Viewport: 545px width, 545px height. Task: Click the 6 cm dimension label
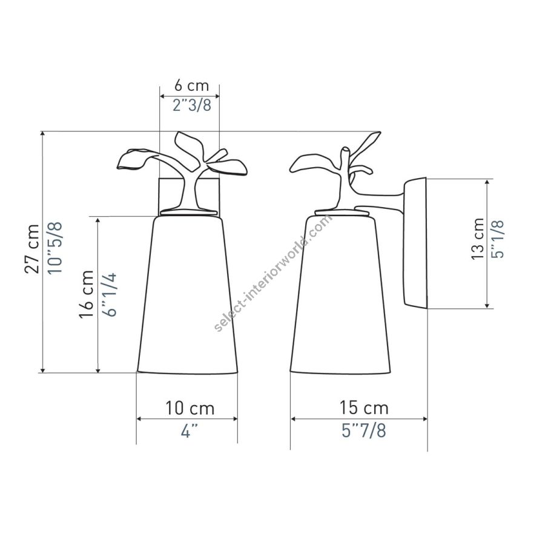tap(191, 85)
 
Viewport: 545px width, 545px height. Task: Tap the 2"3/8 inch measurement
tap(192, 105)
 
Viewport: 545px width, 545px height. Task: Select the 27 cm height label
tap(32, 249)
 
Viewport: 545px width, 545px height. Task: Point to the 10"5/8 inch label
tap(55, 248)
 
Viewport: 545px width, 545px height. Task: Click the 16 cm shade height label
tap(87, 294)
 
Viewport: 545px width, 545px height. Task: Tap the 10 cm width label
tap(190, 408)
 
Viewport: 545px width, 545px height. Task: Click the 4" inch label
tap(190, 431)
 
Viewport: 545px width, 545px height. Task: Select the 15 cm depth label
tap(364, 408)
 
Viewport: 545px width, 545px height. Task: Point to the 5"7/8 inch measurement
tap(363, 431)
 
